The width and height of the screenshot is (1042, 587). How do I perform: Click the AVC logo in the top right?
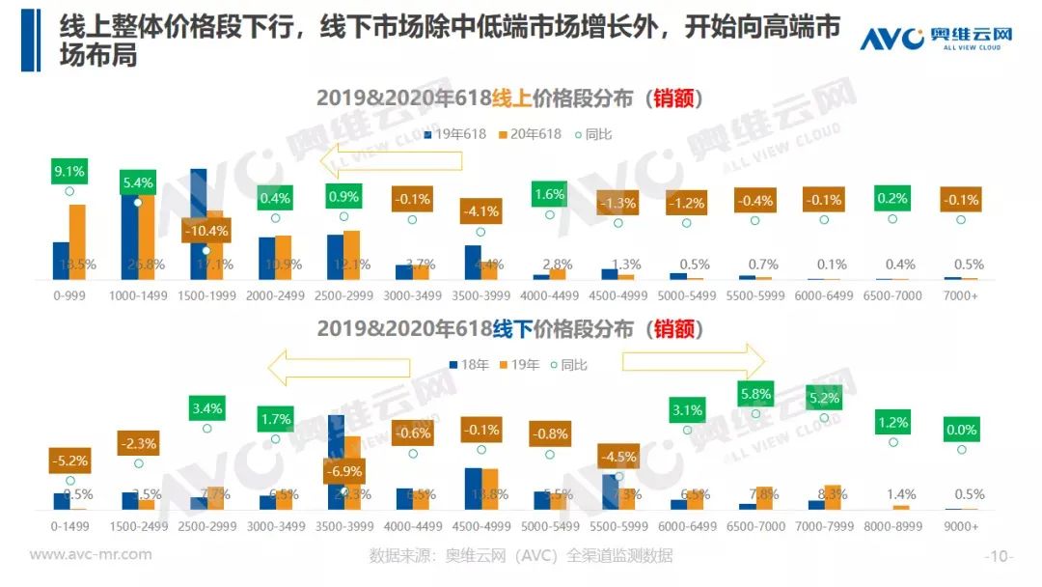(936, 38)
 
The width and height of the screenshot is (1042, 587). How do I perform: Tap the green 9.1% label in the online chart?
(69, 172)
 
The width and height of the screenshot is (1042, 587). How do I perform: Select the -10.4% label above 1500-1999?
(205, 232)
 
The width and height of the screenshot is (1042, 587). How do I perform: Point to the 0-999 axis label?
(69, 295)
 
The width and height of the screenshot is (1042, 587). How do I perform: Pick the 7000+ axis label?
(961, 295)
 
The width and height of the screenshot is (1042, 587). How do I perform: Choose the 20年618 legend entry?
(530, 134)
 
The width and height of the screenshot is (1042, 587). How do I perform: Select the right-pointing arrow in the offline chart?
(693, 361)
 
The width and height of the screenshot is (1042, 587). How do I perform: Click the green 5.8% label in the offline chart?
(755, 394)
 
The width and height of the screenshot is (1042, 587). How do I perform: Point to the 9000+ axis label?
(961, 526)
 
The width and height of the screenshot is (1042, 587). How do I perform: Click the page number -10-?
(998, 556)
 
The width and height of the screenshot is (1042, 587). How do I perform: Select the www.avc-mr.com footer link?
(91, 554)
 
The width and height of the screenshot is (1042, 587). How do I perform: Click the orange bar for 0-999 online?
(77, 241)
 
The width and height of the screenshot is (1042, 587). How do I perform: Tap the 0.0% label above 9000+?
(961, 430)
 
